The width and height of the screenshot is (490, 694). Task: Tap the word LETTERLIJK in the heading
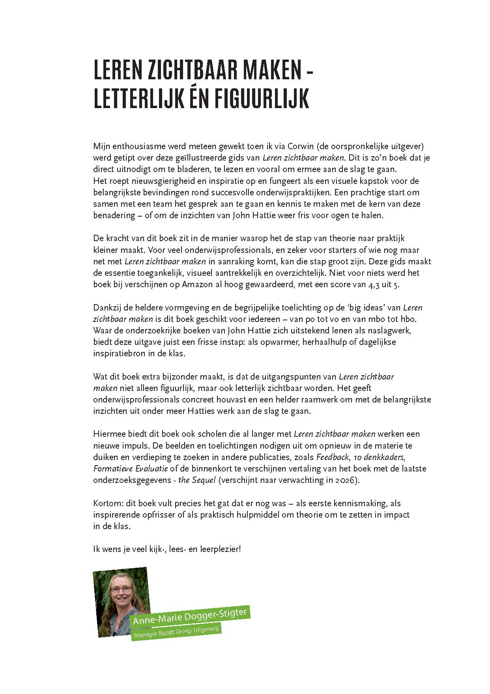click(138, 99)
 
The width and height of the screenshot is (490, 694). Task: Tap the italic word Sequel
click(204, 480)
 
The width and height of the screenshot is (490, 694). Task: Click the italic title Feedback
click(333, 457)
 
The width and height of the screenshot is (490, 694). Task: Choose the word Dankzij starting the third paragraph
click(107, 308)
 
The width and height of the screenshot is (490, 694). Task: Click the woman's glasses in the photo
click(121, 590)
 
